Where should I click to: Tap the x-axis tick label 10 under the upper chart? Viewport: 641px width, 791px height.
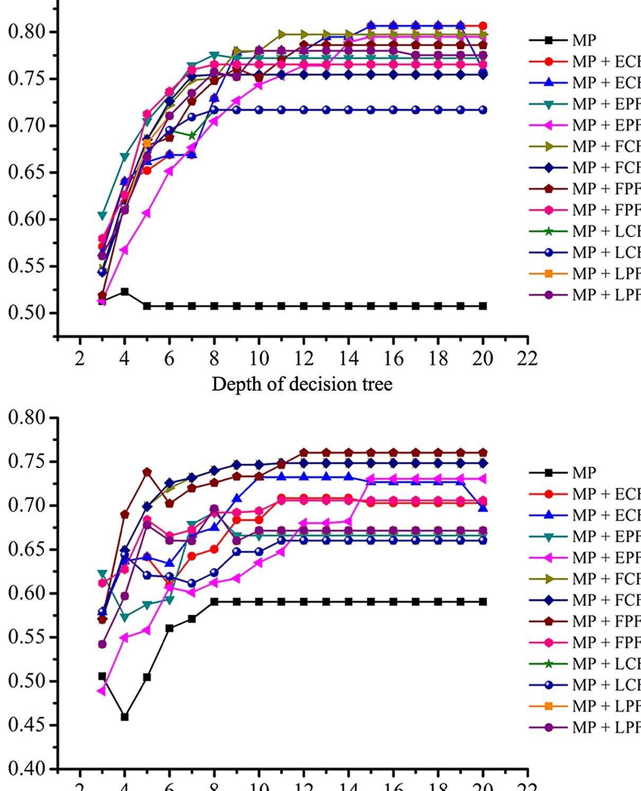[x=259, y=359]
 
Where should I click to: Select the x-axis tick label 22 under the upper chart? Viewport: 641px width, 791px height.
[x=527, y=359]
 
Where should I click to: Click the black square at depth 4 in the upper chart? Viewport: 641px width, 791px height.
[x=124, y=292]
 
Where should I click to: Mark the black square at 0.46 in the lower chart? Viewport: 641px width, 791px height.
[x=124, y=717]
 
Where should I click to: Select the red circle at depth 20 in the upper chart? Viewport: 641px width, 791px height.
[x=483, y=25]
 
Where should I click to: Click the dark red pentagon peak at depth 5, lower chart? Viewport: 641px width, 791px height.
[x=147, y=472]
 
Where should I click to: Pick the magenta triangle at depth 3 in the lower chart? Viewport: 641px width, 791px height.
[x=102, y=691]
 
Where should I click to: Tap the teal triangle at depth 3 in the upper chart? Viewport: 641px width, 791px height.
[x=102, y=215]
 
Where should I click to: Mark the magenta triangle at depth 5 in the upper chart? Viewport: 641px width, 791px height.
[x=147, y=213]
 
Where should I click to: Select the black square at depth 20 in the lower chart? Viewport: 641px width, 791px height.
[x=483, y=602]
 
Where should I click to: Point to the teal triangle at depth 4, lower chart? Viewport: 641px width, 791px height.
[x=124, y=617]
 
